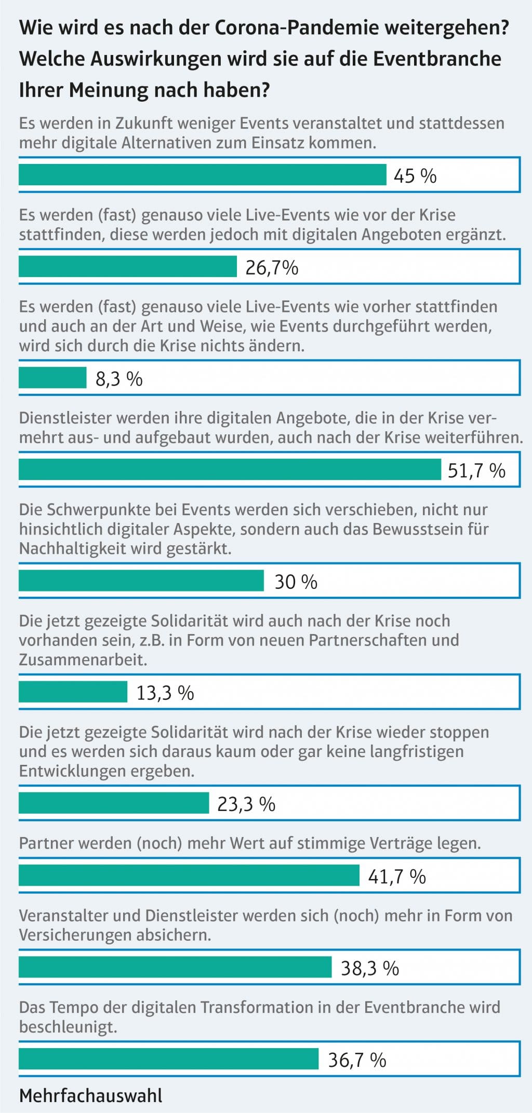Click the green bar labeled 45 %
point(203,175)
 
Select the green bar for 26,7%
point(128,267)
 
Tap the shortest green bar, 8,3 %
point(52,378)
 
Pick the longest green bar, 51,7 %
point(230,470)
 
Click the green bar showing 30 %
point(141,581)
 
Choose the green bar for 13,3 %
point(73,692)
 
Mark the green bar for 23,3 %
point(114,803)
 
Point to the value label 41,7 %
point(397,876)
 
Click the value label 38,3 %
point(370,968)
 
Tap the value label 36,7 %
point(357,1060)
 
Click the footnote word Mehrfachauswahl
point(91,1096)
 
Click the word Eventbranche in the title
point(437,59)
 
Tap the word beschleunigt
point(68,1027)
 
